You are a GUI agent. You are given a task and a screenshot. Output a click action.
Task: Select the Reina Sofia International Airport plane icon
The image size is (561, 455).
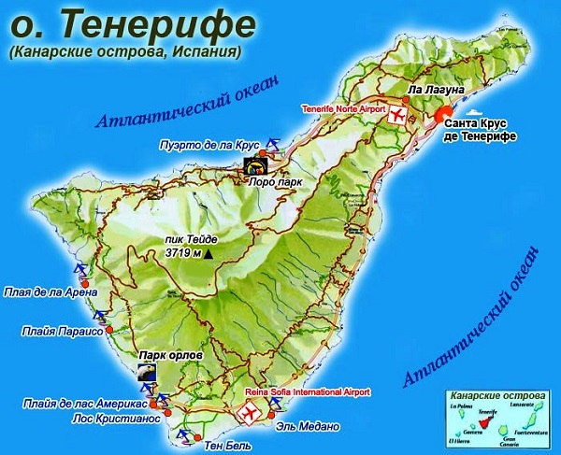250,410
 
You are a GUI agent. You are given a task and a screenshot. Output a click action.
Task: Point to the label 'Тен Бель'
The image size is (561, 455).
229,446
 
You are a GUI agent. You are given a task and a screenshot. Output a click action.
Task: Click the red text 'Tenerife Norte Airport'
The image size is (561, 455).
342,109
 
